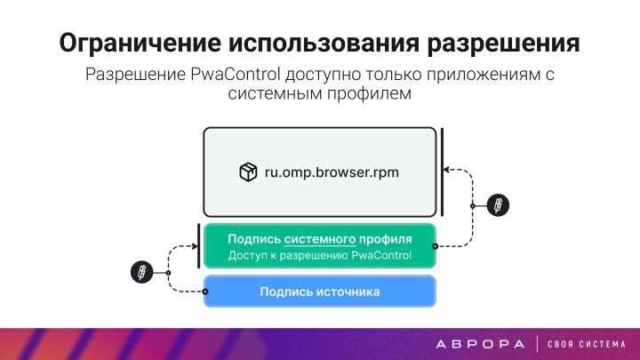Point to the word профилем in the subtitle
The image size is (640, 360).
(369, 93)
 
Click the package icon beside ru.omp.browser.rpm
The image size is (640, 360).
(248, 172)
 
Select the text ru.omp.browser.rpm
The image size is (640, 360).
(331, 172)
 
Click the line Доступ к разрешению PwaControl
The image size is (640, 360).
(319, 256)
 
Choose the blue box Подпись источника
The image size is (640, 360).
(319, 292)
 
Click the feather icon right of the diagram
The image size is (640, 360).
(500, 204)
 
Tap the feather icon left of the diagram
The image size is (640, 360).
(140, 271)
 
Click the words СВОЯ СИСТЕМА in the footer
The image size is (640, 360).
(587, 343)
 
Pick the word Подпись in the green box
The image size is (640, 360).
(254, 239)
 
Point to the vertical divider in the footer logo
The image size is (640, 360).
(537, 343)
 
